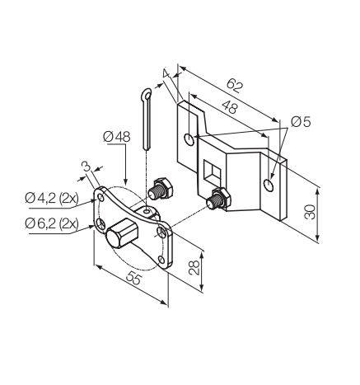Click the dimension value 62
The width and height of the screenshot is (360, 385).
click(x=235, y=86)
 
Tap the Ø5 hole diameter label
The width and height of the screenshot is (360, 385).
click(x=301, y=121)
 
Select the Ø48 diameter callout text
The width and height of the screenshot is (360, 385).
click(x=116, y=137)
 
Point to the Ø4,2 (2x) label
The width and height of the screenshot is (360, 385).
click(x=52, y=198)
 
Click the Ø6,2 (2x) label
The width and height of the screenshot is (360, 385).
click(x=52, y=223)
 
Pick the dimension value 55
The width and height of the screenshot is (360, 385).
click(x=134, y=279)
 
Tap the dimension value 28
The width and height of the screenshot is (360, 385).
click(x=194, y=268)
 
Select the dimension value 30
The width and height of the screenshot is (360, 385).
click(x=311, y=212)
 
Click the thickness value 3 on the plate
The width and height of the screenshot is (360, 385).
click(x=86, y=167)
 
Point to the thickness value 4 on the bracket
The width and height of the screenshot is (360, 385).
click(x=166, y=73)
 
